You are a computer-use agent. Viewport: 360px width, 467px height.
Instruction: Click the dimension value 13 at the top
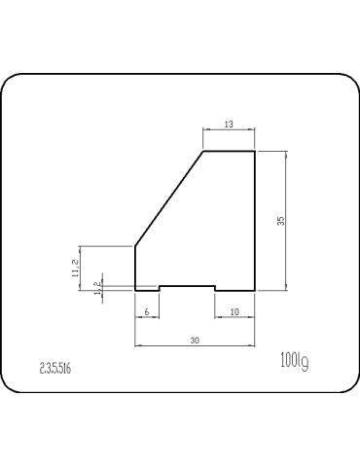(229, 125)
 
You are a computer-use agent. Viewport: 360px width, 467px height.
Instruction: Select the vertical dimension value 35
(280, 221)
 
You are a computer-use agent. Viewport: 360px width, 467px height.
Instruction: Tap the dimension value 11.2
(75, 268)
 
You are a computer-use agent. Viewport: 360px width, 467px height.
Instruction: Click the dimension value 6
(146, 311)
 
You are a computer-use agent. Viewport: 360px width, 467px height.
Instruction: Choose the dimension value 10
(234, 311)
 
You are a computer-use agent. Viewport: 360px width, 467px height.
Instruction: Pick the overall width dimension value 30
(195, 341)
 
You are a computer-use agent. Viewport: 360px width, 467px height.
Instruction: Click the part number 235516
(56, 368)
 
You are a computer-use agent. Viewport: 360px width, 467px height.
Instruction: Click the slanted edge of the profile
(168, 199)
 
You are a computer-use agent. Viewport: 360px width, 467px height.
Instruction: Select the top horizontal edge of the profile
(229, 152)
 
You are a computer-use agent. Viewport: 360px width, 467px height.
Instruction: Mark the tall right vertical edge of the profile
(255, 221)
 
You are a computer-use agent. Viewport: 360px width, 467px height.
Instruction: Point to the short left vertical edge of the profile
(133, 268)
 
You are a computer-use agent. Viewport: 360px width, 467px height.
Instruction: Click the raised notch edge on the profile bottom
(187, 285)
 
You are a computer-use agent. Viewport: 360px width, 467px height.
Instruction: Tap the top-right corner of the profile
(255, 152)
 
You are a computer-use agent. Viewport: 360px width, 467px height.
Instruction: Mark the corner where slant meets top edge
(202, 152)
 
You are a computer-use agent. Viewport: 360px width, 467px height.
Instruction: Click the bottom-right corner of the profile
(255, 290)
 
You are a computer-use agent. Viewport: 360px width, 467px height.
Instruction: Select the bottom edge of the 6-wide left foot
(146, 290)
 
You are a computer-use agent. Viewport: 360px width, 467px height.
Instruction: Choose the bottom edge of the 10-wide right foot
(234, 290)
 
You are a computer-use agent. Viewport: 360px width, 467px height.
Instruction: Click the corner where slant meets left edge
(133, 247)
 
